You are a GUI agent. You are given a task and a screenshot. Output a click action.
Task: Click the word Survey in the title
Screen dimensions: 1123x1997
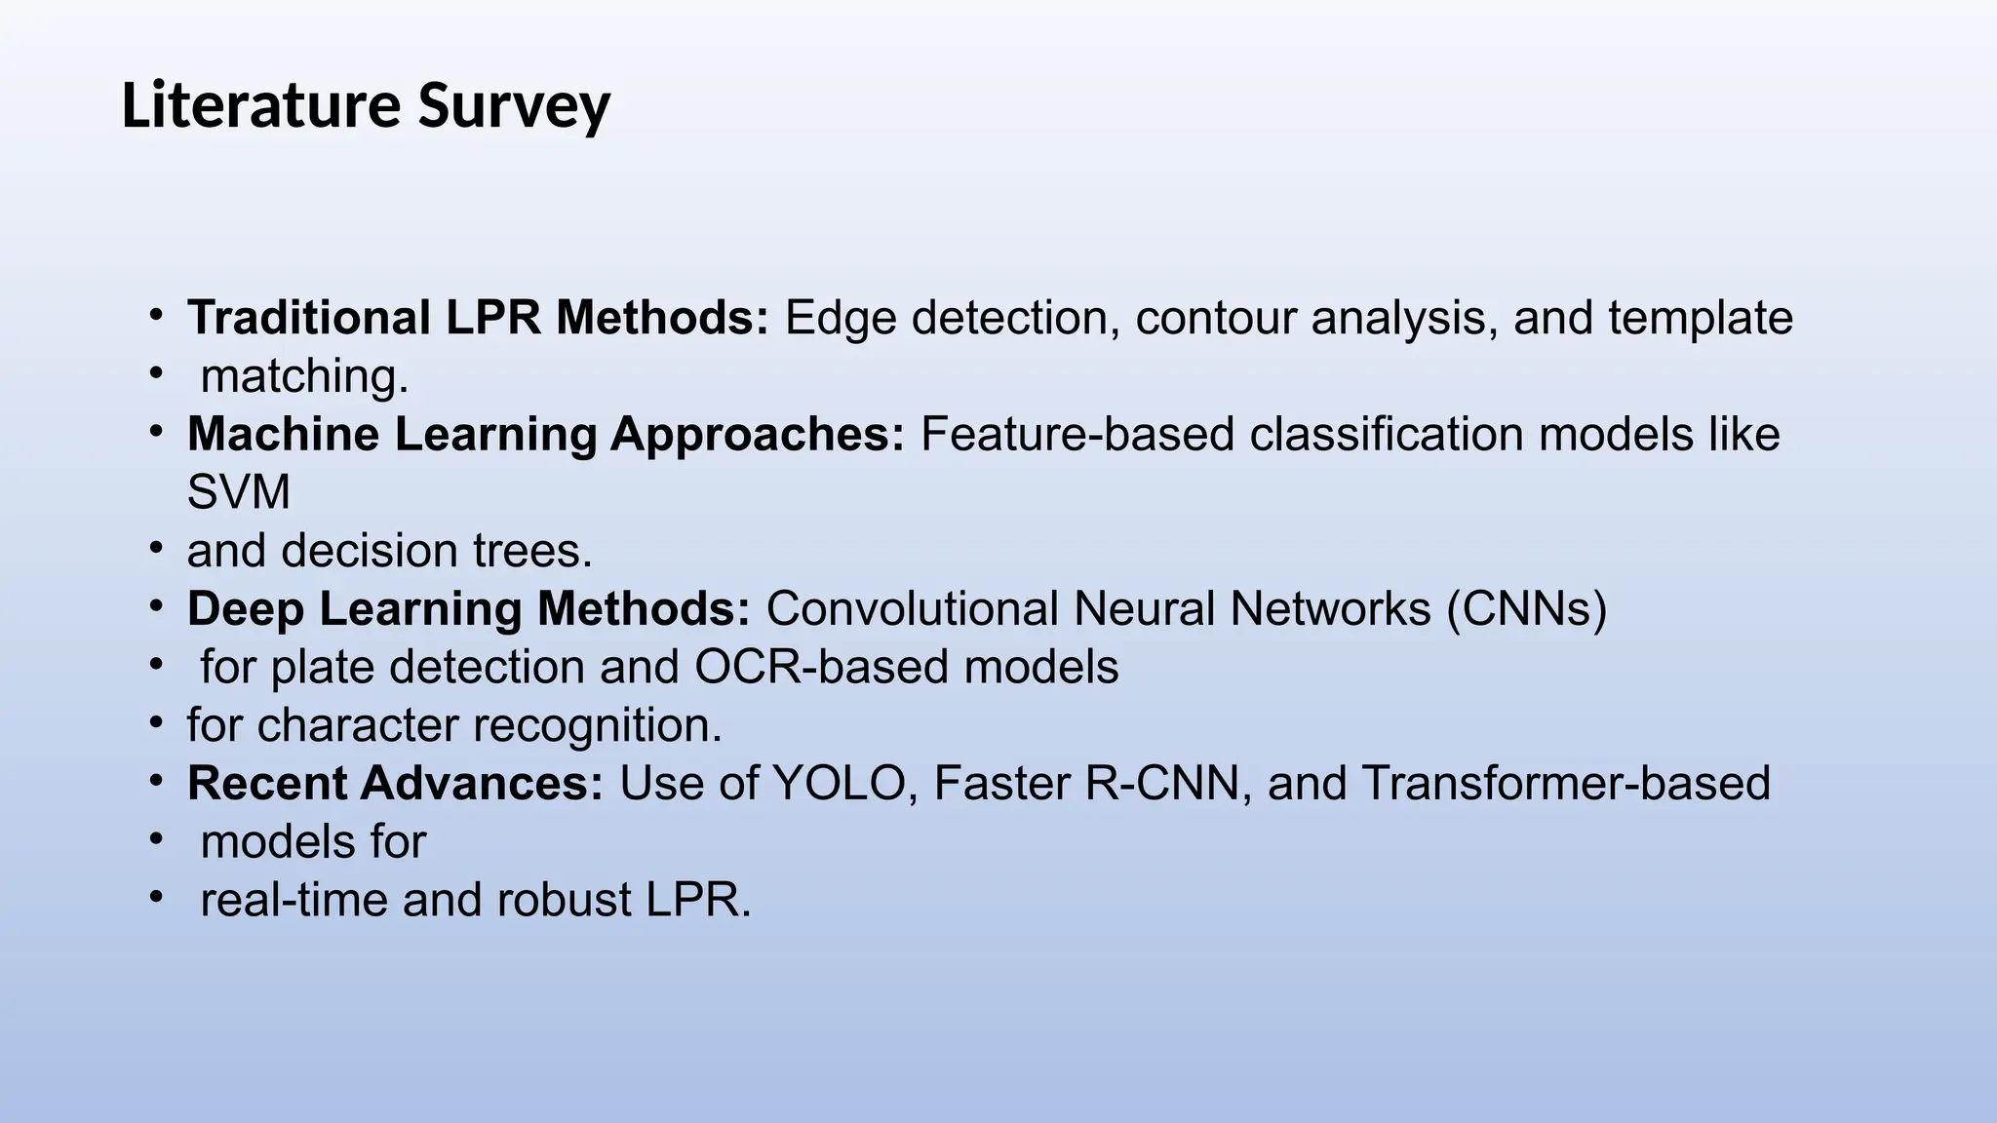point(514,105)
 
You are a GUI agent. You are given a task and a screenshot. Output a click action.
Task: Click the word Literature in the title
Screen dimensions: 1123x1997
point(261,105)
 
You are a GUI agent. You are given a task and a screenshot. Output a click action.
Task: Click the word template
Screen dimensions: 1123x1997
point(1700,318)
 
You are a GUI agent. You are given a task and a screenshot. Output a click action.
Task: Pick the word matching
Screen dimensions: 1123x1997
point(304,376)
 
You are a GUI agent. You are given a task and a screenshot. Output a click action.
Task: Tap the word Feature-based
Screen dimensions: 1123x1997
point(1077,434)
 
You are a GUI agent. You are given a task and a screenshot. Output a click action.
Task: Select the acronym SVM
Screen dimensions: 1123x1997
point(239,492)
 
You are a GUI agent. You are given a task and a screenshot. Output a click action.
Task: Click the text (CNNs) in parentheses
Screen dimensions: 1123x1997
point(1526,608)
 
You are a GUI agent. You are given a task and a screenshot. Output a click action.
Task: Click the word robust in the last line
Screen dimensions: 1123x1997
point(564,900)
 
